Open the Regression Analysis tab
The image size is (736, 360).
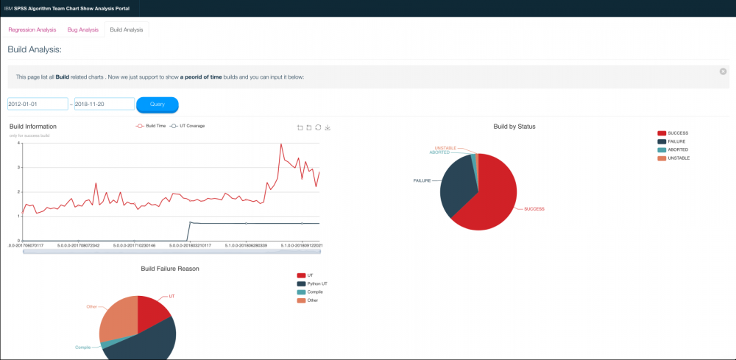pos(32,29)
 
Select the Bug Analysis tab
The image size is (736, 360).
pos(82,29)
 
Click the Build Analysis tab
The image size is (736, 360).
pos(126,29)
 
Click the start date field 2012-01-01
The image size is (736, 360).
pos(38,105)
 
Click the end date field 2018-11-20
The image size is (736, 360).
pos(104,105)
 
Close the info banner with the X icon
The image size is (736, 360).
pos(723,71)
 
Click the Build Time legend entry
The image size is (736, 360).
pos(151,126)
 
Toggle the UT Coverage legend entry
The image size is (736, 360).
pos(188,126)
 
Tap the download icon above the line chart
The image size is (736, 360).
pos(328,127)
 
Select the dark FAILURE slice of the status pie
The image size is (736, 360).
pos(456,184)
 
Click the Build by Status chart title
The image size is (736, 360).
pos(514,127)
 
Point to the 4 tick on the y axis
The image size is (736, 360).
pos(18,143)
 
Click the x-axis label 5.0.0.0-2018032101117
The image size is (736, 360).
pos(190,245)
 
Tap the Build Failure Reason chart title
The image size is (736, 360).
pos(169,269)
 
